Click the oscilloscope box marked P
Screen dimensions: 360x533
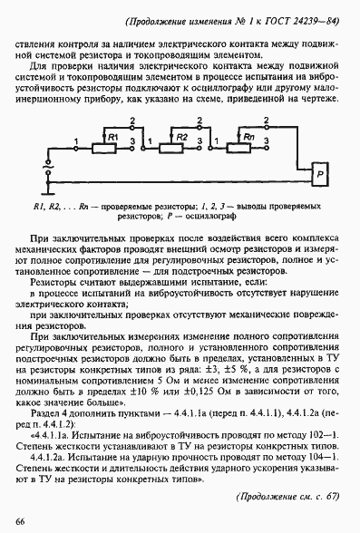(318, 171)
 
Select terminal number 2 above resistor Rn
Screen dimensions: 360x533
(266, 120)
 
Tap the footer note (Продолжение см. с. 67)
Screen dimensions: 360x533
(287, 497)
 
